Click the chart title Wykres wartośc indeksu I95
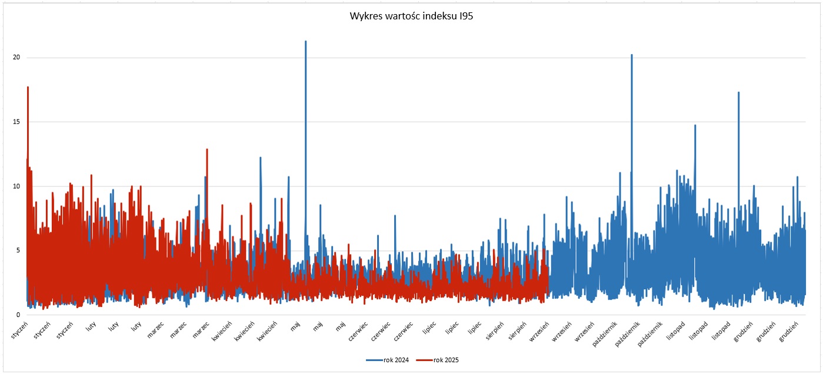(x=411, y=16)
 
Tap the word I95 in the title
(x=465, y=16)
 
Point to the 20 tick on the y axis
(x=17, y=58)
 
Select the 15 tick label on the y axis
(x=17, y=122)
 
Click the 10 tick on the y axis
(x=17, y=186)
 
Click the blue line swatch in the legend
(x=374, y=359)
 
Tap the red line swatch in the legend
(x=424, y=359)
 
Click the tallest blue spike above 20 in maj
(x=305, y=42)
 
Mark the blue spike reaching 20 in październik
(x=632, y=56)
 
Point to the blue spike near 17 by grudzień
(x=738, y=93)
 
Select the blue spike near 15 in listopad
(x=695, y=126)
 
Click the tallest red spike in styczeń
(x=28, y=88)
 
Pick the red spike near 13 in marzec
(x=206, y=150)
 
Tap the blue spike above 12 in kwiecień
(x=261, y=158)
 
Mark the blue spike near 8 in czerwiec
(x=395, y=216)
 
